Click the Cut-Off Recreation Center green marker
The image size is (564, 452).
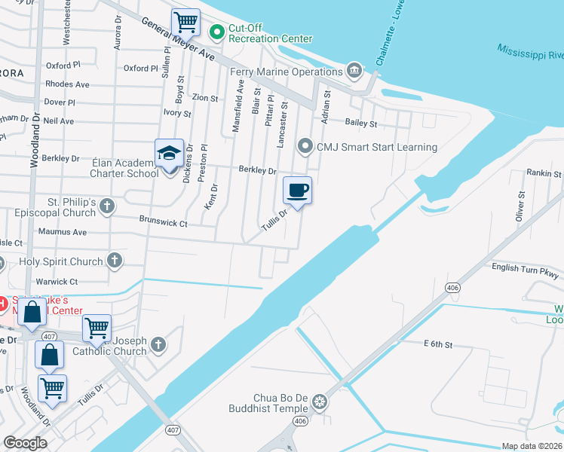[x=217, y=32]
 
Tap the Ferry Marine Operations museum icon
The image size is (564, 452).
[x=354, y=72]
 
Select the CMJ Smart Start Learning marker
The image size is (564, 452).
[x=305, y=146]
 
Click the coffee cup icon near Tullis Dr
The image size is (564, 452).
[x=297, y=190]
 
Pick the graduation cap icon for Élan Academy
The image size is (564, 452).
[x=170, y=152]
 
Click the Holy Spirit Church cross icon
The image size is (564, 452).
[x=114, y=261]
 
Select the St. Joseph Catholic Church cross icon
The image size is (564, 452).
[x=158, y=344]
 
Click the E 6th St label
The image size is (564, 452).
[x=437, y=344]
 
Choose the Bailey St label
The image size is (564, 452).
[x=360, y=123]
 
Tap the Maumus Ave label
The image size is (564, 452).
[x=63, y=232]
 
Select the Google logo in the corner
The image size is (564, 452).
[x=25, y=443]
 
